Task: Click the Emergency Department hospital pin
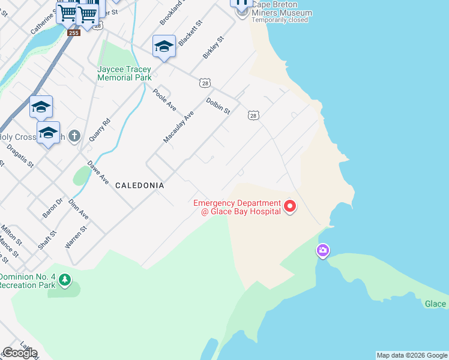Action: point(290,207)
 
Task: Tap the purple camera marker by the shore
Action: point(323,250)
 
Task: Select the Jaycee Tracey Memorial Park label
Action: point(124,73)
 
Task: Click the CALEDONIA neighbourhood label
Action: point(139,185)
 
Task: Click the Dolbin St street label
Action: point(218,106)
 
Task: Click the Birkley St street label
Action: point(213,47)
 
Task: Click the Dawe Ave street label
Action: point(98,172)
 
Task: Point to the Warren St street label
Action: point(76,237)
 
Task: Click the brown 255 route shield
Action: point(73,32)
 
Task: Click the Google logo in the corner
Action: point(20,353)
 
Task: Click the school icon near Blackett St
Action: point(164,46)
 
